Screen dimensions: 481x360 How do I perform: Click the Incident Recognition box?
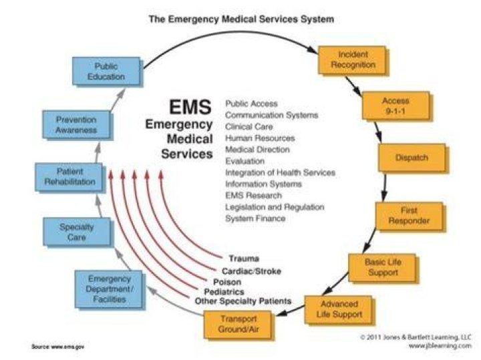pyautogui.click(x=353, y=60)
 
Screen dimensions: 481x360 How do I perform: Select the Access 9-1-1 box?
pyautogui.click(x=396, y=106)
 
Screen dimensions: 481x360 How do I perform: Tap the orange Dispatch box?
pyautogui.click(x=412, y=158)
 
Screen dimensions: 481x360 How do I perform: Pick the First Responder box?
pyautogui.click(x=410, y=216)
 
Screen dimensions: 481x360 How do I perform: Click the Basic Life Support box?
pyautogui.click(x=383, y=267)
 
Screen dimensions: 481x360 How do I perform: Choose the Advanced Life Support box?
pyautogui.click(x=339, y=309)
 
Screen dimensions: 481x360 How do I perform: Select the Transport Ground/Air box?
pyautogui.click(x=238, y=325)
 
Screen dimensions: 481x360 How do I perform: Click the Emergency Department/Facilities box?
pyautogui.click(x=109, y=289)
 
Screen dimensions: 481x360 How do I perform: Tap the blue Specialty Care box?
pyautogui.click(x=77, y=232)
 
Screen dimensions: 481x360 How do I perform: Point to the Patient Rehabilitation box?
pyautogui.click(x=69, y=177)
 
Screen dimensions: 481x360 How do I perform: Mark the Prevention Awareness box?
pyautogui.click(x=76, y=124)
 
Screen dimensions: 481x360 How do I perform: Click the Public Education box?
pyautogui.click(x=106, y=71)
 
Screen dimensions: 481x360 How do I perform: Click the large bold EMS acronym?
pyautogui.click(x=190, y=107)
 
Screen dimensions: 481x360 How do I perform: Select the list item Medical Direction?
pyautogui.click(x=258, y=150)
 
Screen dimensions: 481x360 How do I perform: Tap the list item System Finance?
pyautogui.click(x=255, y=218)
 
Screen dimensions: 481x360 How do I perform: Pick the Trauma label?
pyautogui.click(x=244, y=258)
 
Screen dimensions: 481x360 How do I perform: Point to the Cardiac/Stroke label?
pyautogui.click(x=252, y=271)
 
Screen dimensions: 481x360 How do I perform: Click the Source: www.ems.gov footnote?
pyautogui.click(x=57, y=347)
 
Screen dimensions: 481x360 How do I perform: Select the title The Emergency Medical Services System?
pyautogui.click(x=241, y=19)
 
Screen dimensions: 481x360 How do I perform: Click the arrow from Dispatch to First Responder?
pyautogui.click(x=385, y=186)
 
